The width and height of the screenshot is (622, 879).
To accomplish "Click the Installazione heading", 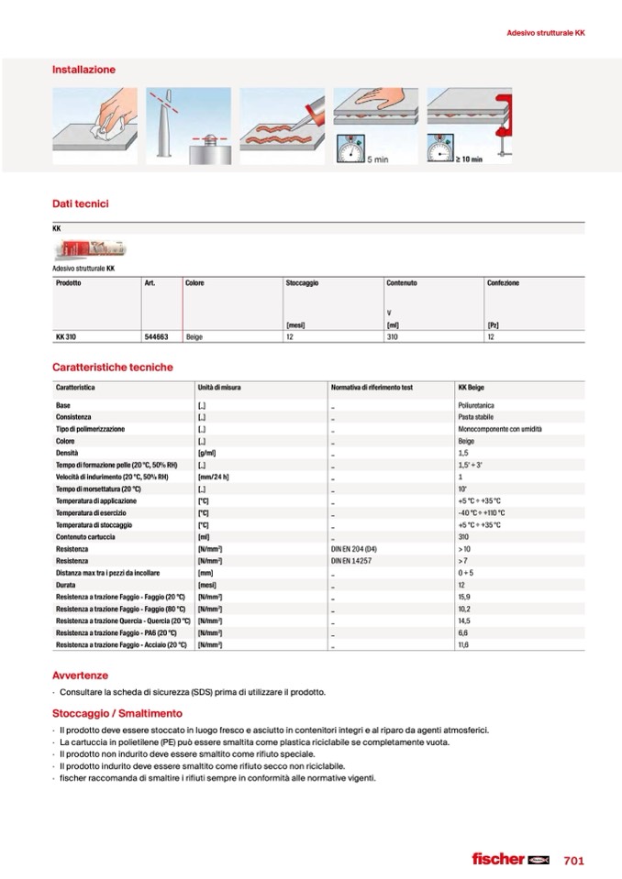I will pos(83,70).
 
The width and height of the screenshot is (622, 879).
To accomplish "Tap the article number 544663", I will pos(156,336).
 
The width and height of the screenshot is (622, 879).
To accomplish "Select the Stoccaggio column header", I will pos(302,283).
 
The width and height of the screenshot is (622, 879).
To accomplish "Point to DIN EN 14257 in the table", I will pos(352,560).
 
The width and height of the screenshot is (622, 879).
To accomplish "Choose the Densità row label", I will pos(67,453).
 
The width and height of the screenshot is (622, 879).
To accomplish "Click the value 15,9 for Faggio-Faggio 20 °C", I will pos(464,597).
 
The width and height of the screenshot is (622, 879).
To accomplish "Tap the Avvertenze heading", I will pos(80,676).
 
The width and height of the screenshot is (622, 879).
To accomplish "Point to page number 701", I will pos(574,860).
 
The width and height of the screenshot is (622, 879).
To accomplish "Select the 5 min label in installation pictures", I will pos(377,159).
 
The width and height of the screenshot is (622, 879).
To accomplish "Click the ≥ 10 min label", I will pos(470,159).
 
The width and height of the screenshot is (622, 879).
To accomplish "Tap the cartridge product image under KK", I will pos(89,249).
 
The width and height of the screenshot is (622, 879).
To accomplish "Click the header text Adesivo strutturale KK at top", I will pos(546,33).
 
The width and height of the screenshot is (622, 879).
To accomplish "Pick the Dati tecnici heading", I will pos(80,203).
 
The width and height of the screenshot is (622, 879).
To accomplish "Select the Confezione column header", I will pos(503,283).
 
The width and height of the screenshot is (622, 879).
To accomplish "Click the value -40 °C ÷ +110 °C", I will pos(481,512).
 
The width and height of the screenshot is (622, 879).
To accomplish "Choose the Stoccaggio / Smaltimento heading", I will pos(117,713).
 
